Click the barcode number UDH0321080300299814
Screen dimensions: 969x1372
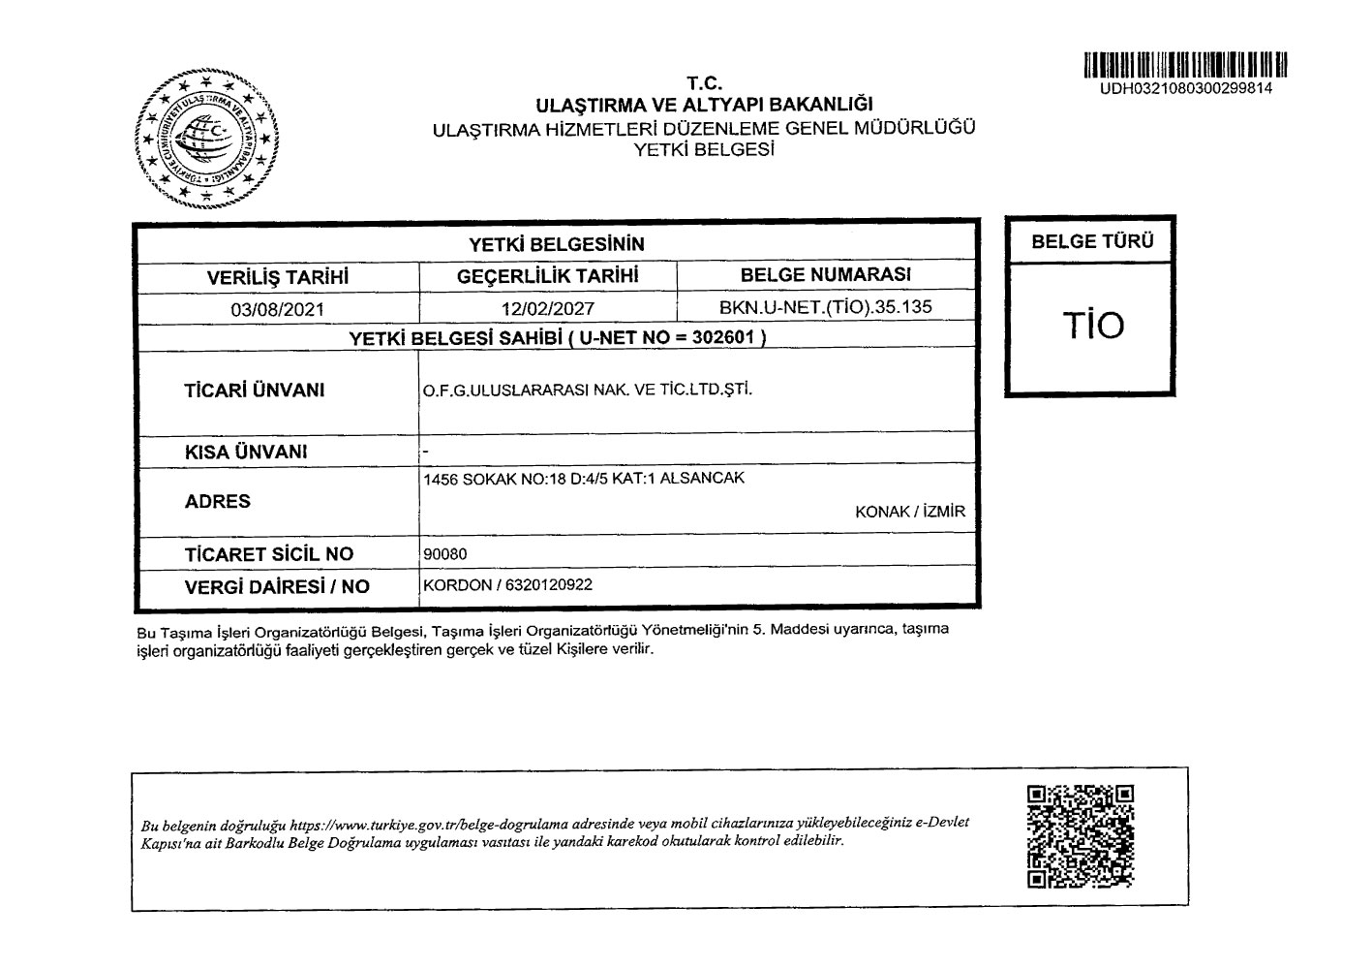(1185, 89)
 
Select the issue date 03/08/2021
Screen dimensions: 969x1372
(277, 310)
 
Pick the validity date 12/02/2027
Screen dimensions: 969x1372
(548, 310)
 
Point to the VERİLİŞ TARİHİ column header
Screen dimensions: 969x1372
(277, 277)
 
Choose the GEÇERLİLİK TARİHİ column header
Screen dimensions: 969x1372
(548, 276)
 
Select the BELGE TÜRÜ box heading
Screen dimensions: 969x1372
(1091, 242)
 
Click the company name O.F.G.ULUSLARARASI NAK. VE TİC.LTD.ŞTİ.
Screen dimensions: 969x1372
(587, 391)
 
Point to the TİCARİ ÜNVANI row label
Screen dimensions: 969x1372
(254, 391)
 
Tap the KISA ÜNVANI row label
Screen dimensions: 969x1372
(246, 453)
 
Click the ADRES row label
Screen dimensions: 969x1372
(217, 501)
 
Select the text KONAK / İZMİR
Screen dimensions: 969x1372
(910, 512)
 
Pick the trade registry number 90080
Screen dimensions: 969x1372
(445, 554)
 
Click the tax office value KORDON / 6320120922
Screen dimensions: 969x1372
(508, 585)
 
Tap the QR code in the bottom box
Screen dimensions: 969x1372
(1080, 837)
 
